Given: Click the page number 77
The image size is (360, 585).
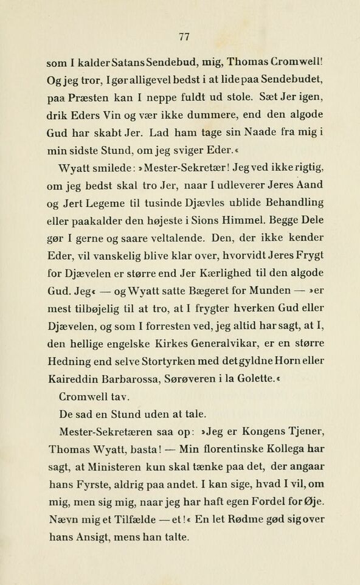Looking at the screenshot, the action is tap(185, 36).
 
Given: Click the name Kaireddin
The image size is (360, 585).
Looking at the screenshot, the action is tap(71, 378).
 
